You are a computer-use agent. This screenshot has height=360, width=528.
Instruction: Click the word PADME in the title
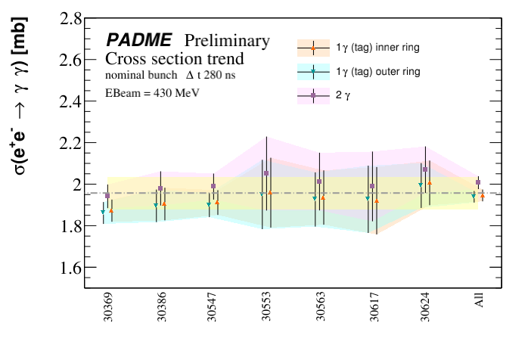tap(141, 41)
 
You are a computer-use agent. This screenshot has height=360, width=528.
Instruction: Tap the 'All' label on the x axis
tap(478, 301)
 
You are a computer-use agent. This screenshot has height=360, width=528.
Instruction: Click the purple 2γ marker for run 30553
tap(266, 173)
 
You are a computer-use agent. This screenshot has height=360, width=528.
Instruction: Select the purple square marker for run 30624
tap(425, 169)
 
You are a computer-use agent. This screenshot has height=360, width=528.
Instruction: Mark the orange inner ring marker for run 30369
tap(111, 211)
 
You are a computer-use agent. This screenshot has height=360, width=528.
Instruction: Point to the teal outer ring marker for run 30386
tap(156, 205)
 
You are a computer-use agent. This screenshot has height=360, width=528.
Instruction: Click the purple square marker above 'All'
tap(478, 182)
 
